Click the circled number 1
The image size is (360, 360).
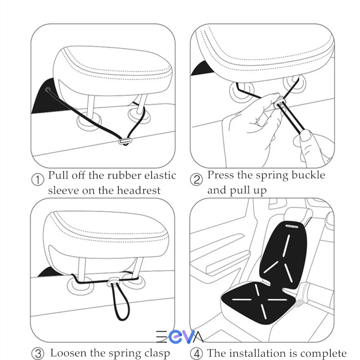pyautogui.click(x=38, y=180)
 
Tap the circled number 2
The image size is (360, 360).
pyautogui.click(x=196, y=180)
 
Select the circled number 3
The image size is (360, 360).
pyautogui.click(x=38, y=354)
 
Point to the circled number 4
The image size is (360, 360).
pyautogui.click(x=196, y=354)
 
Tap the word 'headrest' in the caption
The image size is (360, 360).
pyautogui.click(x=139, y=190)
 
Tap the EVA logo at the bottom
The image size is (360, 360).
pyautogui.click(x=180, y=337)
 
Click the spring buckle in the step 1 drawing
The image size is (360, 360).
pyautogui.click(x=125, y=141)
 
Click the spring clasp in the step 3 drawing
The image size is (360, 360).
pyautogui.click(x=113, y=281)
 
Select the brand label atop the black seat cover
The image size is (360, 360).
pyautogui.click(x=292, y=226)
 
